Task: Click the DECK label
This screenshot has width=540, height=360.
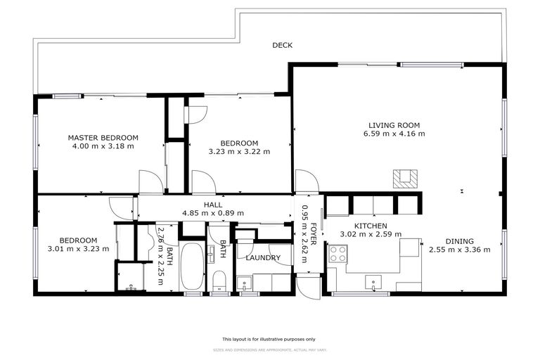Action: [282, 46]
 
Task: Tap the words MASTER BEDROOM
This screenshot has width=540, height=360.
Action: [103, 138]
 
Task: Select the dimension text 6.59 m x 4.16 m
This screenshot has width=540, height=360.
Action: [394, 134]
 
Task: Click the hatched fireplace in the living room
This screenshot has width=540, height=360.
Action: [404, 179]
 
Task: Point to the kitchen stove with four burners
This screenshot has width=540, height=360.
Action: [338, 254]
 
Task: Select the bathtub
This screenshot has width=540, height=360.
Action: [192, 267]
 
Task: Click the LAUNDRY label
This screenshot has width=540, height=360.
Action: [264, 258]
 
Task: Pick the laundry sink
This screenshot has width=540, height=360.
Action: [245, 283]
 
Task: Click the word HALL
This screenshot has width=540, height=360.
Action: [213, 204]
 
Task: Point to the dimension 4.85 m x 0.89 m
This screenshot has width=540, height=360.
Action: [213, 212]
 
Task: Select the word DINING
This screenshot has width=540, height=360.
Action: [459, 240]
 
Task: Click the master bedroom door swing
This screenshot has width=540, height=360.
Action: [150, 182]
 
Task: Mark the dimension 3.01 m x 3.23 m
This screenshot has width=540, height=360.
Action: [77, 248]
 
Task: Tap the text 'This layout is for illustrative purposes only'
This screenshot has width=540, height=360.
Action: [269, 338]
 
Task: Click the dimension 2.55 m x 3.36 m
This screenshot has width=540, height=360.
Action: [459, 249]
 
